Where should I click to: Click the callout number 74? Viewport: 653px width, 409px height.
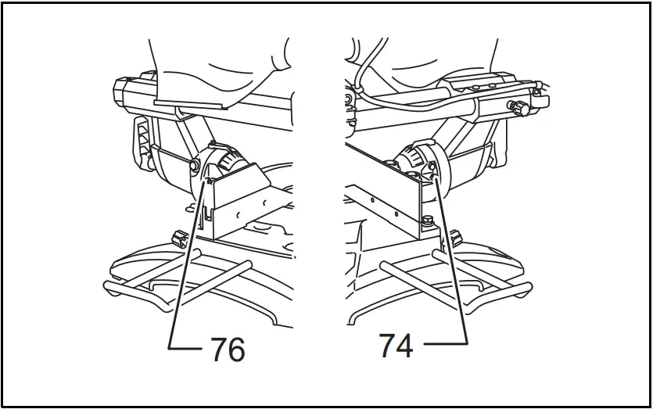tap(396, 345)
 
